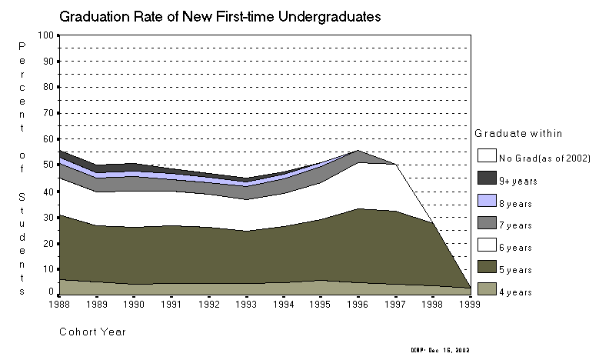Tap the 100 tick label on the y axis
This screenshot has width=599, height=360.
(46, 35)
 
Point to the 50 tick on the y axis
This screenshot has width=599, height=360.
(48, 165)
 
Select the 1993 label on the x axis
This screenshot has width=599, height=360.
(248, 304)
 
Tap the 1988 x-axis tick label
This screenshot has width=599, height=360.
(61, 304)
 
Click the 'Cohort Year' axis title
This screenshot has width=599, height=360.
(92, 332)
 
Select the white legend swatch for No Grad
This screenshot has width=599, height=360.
(486, 158)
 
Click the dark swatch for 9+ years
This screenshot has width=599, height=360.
(486, 180)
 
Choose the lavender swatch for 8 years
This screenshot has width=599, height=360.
(486, 202)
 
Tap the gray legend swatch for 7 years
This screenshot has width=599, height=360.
(486, 225)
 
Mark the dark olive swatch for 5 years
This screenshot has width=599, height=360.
(486, 269)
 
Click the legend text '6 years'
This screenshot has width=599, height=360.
(517, 248)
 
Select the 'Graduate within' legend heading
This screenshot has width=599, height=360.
(511, 132)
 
